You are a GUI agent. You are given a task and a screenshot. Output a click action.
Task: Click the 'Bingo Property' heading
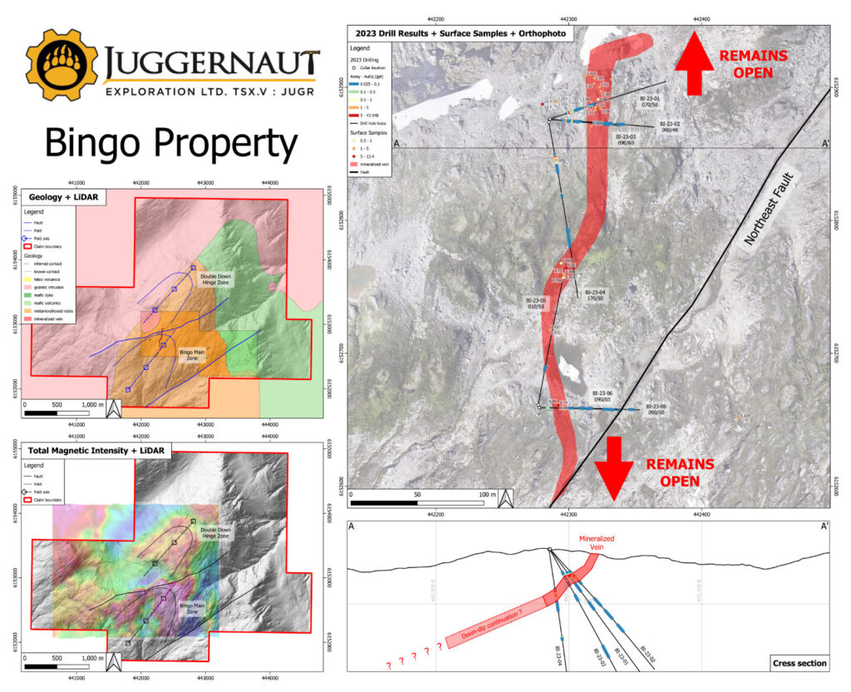pos(170,143)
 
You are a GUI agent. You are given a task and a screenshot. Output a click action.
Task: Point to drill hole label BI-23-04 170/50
pos(596,296)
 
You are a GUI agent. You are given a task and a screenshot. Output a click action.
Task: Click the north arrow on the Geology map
pos(116,408)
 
